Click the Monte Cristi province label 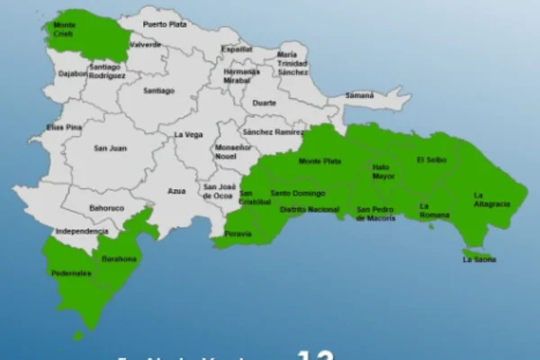click(65, 28)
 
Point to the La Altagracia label click(491, 200)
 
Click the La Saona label click(479, 259)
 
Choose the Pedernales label click(71, 273)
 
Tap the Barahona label click(120, 258)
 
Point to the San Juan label click(110, 148)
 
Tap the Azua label click(176, 191)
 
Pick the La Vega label click(188, 134)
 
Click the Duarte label click(264, 103)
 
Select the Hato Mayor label click(384, 172)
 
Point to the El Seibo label click(431, 159)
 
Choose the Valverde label click(145, 44)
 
